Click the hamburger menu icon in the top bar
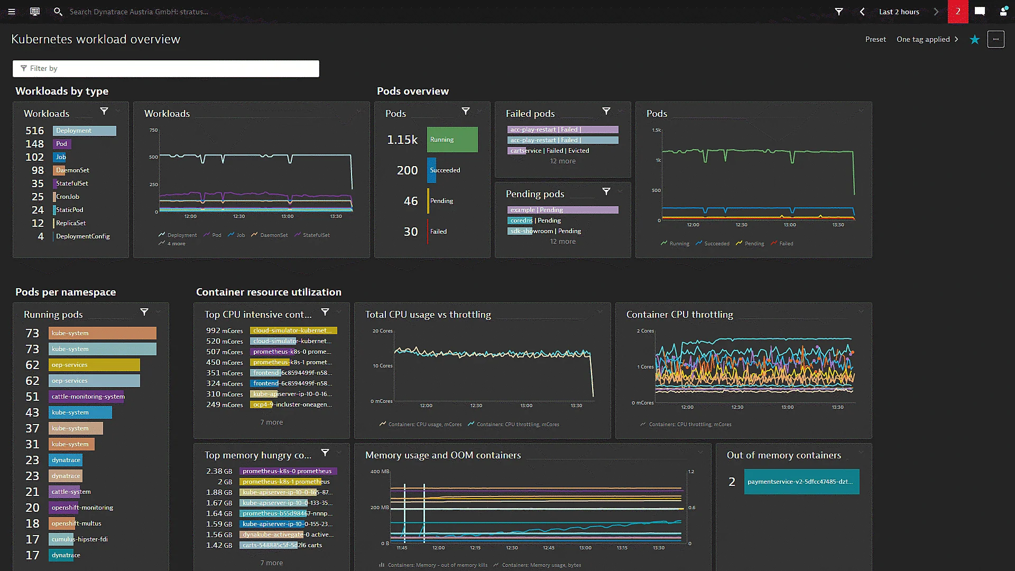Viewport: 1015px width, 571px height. coord(12,11)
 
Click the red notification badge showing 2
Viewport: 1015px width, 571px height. coord(957,11)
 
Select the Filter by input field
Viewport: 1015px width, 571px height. coord(165,68)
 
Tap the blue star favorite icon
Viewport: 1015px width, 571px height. coord(974,40)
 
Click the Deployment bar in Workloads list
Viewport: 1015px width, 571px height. coord(85,131)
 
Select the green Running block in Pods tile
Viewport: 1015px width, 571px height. coord(452,140)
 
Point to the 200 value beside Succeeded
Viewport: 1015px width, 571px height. coord(407,170)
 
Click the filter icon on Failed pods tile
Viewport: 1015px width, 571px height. coord(606,111)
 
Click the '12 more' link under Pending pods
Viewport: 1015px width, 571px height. coord(562,242)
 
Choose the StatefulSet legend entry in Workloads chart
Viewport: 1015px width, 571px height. coord(316,235)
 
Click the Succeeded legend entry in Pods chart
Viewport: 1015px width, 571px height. coord(716,244)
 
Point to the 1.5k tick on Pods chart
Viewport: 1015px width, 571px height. coord(656,130)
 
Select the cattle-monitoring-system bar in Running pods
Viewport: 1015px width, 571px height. coord(87,397)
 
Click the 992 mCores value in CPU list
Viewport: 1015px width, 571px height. coord(224,331)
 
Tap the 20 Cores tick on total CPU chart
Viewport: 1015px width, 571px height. coord(382,331)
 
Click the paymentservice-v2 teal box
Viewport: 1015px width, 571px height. coord(801,482)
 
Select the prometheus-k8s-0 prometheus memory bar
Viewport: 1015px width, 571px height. coord(288,471)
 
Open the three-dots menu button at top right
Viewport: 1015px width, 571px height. coord(995,39)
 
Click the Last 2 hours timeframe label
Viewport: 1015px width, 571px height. coord(899,12)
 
